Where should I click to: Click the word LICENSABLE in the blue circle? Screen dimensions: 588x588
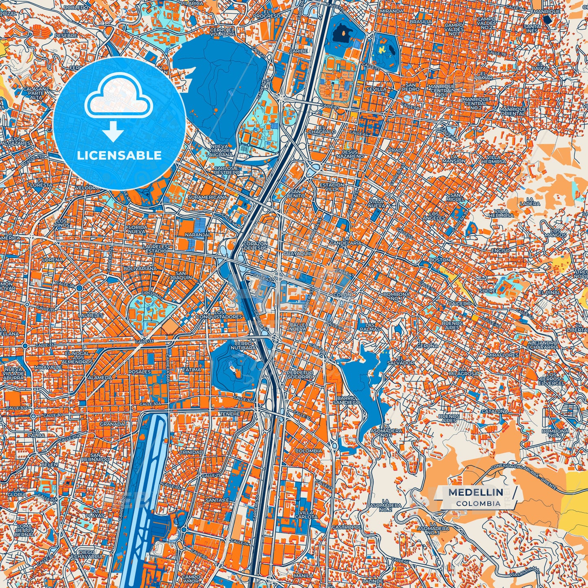[119, 155]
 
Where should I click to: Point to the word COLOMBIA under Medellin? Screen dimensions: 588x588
[478, 503]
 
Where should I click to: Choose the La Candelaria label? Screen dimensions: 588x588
[352, 240]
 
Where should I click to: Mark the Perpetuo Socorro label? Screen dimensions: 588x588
[300, 374]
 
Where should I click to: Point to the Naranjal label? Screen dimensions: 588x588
[198, 235]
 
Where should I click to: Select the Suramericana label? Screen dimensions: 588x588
[210, 197]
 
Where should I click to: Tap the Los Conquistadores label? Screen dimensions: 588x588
[219, 314]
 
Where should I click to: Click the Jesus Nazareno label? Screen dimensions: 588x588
[350, 154]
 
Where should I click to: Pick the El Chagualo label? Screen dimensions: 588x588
[322, 129]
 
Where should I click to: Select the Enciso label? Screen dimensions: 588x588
[500, 251]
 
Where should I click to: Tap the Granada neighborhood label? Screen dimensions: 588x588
[112, 424]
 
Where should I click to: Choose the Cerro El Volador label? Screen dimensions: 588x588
[222, 32]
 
